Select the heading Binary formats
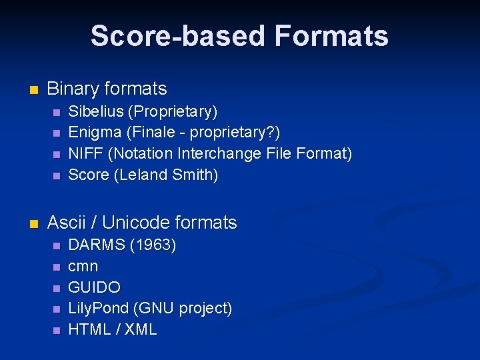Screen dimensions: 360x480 click(x=107, y=89)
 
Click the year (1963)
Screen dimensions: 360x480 click(x=153, y=245)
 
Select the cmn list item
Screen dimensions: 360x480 click(x=83, y=267)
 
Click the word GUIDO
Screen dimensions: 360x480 click(x=95, y=287)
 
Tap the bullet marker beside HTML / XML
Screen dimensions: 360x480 click(x=56, y=330)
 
